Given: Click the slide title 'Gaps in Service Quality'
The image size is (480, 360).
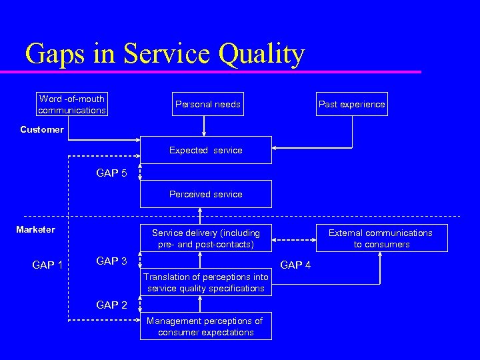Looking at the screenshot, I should coord(165,53).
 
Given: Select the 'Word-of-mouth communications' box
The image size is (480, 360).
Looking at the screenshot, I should coord(72,104).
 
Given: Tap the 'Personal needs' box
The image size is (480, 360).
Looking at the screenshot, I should coord(207,104).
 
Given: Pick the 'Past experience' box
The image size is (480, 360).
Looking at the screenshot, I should coord(351,104).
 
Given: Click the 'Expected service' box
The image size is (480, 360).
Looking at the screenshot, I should coord(205,150).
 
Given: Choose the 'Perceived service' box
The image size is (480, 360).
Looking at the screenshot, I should coord(205,194).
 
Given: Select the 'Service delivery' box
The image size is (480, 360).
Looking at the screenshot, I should coord(205,238).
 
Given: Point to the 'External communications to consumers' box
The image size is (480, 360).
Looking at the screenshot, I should coord(381,238).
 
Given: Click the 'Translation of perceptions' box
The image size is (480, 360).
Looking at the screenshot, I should coord(205,282).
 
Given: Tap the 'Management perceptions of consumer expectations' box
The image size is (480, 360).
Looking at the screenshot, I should coord(205,326).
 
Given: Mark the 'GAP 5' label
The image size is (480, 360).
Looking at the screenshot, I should coord(111,173).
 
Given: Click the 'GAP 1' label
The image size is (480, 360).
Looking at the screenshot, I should coord(47,265).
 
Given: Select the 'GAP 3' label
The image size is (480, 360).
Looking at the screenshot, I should coord(111,261).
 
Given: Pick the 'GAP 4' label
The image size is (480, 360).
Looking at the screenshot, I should coord(295,265).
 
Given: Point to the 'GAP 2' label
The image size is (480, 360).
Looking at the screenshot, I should coord(111,305).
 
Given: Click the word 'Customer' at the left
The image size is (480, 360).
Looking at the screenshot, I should coord(41,129).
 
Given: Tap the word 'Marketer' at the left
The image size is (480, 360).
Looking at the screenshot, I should coord(36,229).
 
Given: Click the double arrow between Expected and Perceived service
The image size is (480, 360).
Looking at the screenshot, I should coord(140,173).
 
